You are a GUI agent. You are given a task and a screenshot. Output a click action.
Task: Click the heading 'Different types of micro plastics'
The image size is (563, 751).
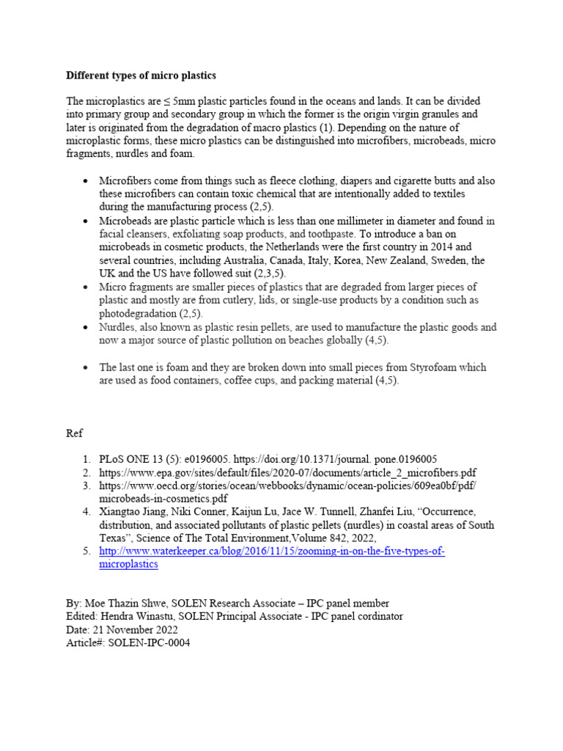[x=141, y=76]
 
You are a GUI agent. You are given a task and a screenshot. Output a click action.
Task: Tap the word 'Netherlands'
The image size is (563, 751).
[x=323, y=247]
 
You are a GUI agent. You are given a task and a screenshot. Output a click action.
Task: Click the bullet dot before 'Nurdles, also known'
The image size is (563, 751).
[x=87, y=328]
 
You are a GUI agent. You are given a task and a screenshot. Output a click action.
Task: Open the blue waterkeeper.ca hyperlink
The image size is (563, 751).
[x=272, y=552]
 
